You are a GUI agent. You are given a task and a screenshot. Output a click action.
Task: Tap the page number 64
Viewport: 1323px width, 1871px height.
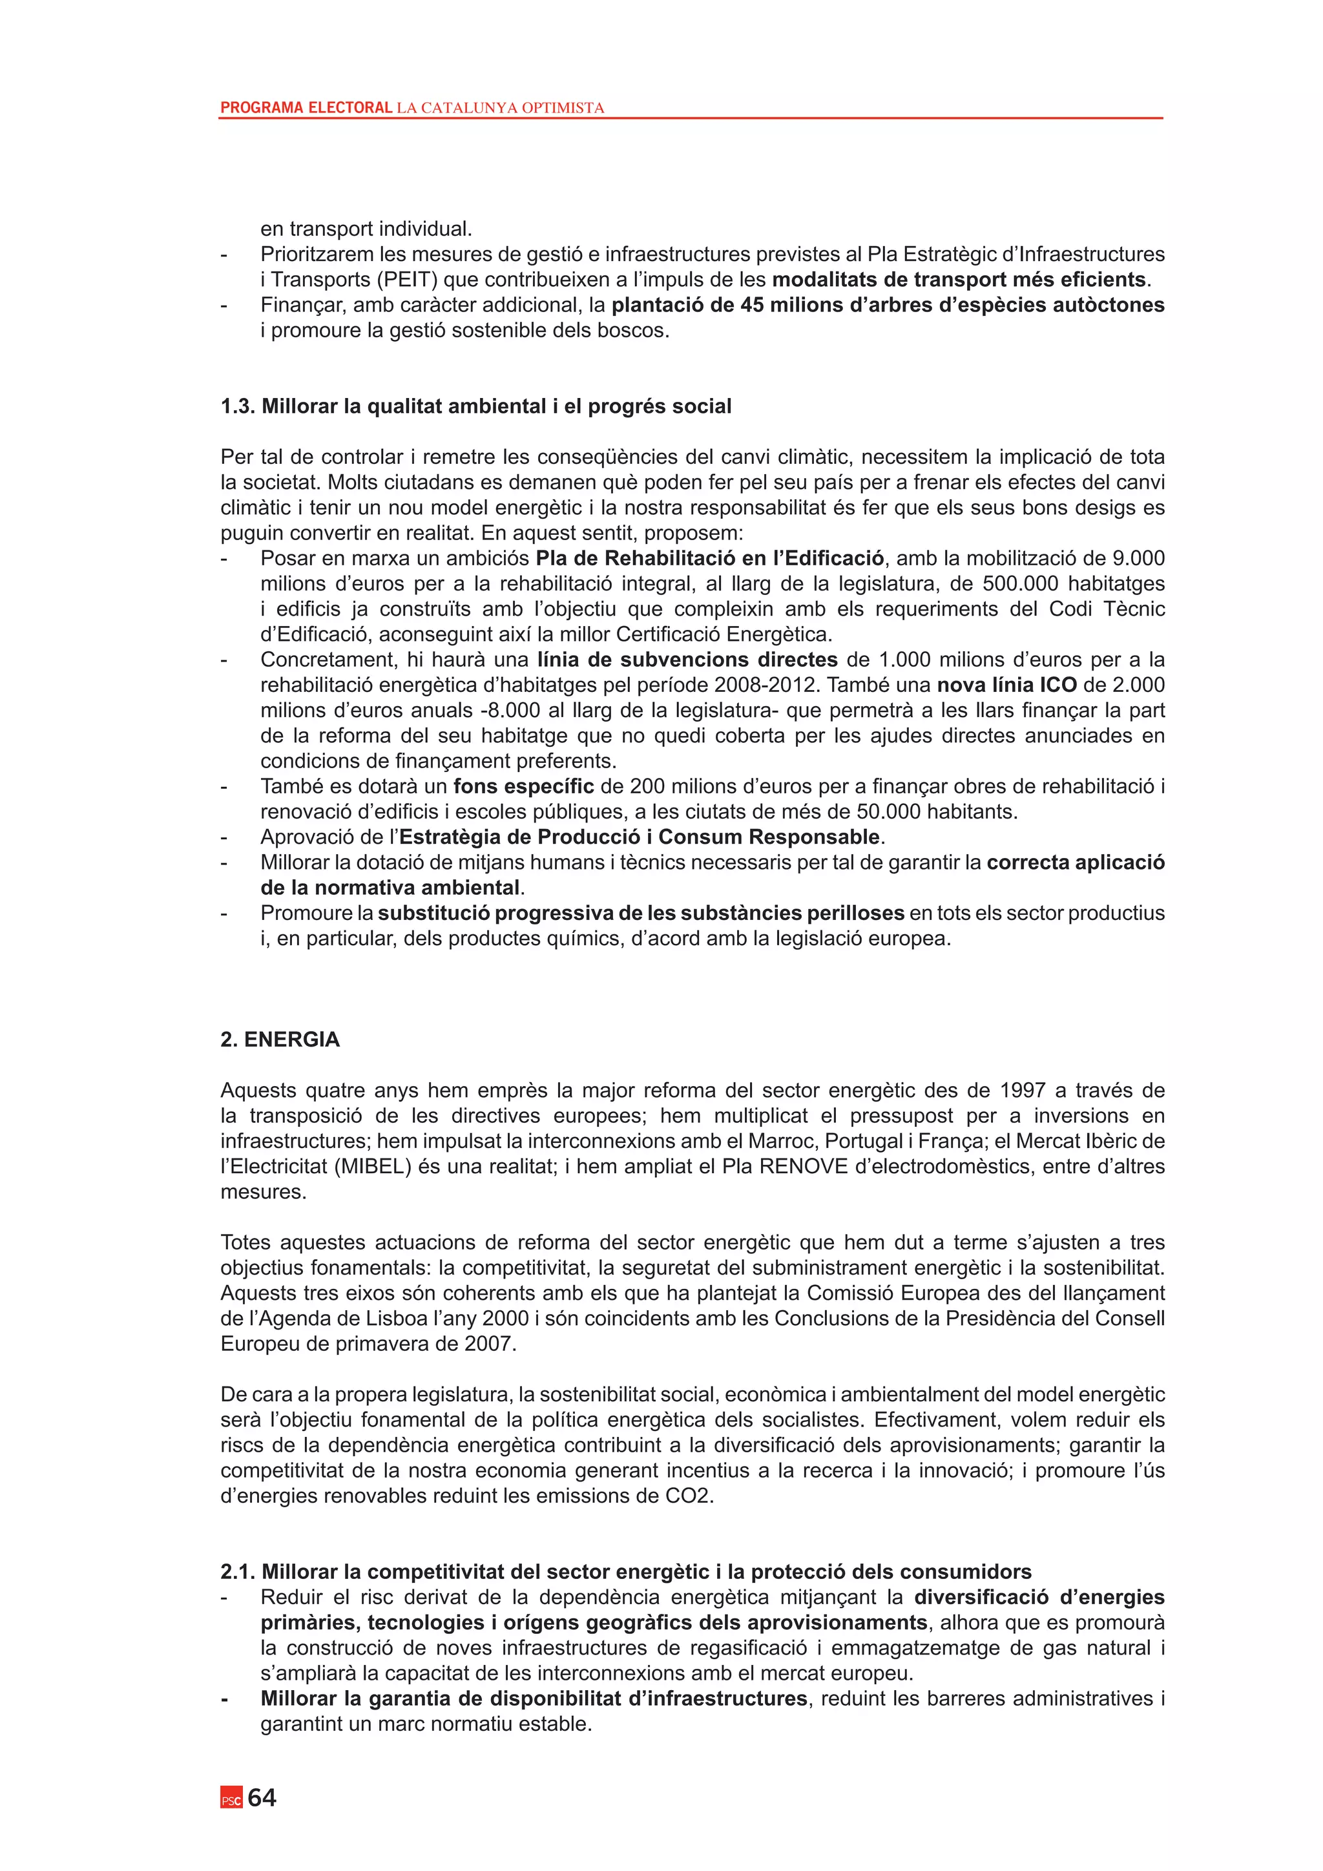262,1797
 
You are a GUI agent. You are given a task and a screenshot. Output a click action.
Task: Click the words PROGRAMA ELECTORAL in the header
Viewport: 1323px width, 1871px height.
306,107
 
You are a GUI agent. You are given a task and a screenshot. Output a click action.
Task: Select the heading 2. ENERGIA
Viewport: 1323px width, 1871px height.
280,1040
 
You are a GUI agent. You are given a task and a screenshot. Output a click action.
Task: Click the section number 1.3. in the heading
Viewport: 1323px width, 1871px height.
238,406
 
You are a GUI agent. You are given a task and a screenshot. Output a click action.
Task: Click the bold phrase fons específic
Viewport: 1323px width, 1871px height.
524,786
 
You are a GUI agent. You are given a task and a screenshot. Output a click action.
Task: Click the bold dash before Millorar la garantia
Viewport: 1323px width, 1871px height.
224,1699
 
